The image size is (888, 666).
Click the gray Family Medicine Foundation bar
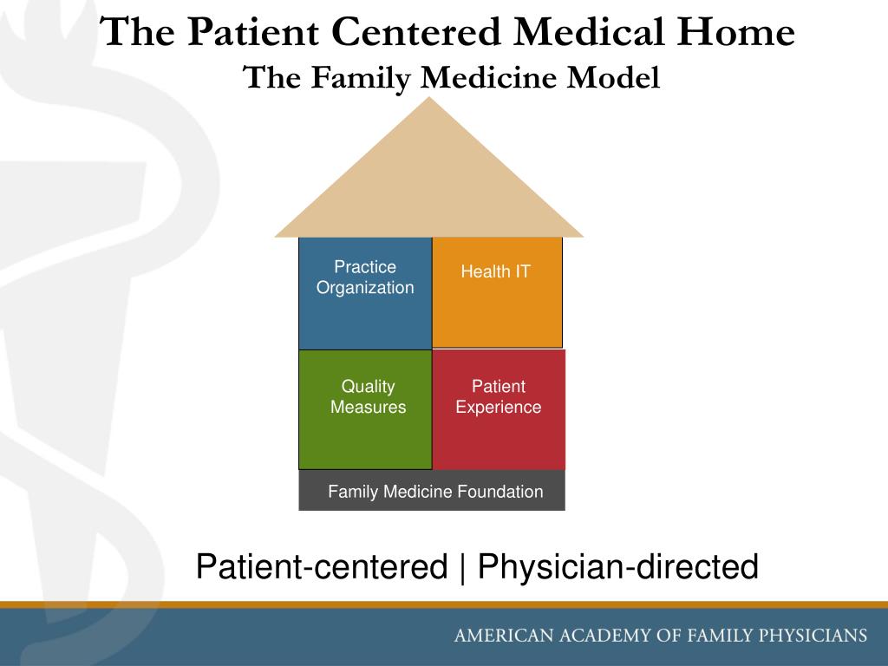click(x=432, y=491)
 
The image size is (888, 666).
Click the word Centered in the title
click(x=416, y=34)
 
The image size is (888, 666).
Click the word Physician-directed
click(x=618, y=568)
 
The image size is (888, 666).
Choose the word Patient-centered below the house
click(x=321, y=568)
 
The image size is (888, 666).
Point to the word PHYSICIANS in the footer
click(x=813, y=636)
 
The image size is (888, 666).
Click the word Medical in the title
click(x=587, y=34)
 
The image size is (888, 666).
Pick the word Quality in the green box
click(x=368, y=387)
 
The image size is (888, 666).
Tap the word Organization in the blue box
click(x=365, y=288)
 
